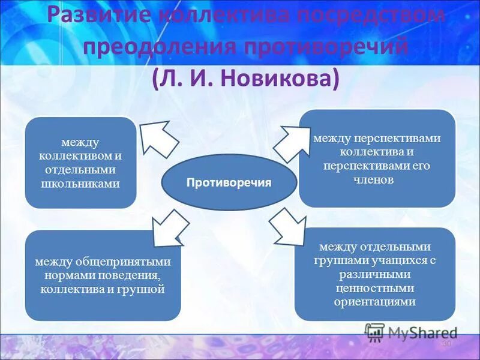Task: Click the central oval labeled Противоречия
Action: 229,182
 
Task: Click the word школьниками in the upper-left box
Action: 80,183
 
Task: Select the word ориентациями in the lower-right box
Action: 374,301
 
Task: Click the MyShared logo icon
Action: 375,331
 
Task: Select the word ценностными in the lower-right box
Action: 374,287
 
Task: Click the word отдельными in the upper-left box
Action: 80,169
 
